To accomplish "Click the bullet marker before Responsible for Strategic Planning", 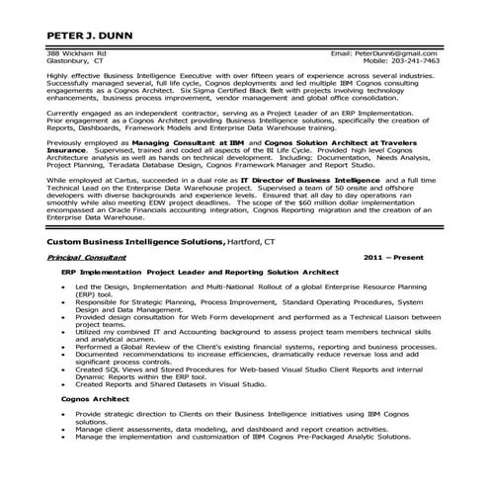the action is coord(64,330).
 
